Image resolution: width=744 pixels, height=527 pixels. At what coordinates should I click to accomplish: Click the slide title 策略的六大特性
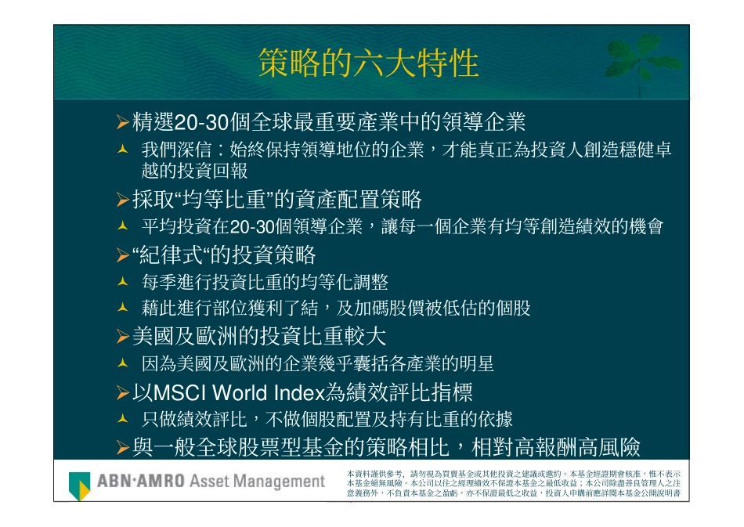point(368,63)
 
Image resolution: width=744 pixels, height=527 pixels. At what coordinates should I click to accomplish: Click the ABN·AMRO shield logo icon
point(79,485)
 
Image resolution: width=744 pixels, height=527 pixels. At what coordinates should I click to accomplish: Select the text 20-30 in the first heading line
point(200,122)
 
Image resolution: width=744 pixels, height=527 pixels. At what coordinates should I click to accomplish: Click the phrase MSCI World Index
point(234,392)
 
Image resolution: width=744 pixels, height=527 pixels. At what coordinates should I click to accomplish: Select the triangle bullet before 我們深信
point(122,149)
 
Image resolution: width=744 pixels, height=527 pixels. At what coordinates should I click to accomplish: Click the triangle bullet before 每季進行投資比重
point(122,282)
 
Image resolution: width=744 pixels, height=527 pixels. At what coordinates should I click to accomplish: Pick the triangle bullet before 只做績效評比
point(122,419)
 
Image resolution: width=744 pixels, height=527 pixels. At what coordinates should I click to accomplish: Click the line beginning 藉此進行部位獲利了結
point(336,309)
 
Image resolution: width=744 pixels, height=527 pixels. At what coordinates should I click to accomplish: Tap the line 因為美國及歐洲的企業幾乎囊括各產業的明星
point(317,364)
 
